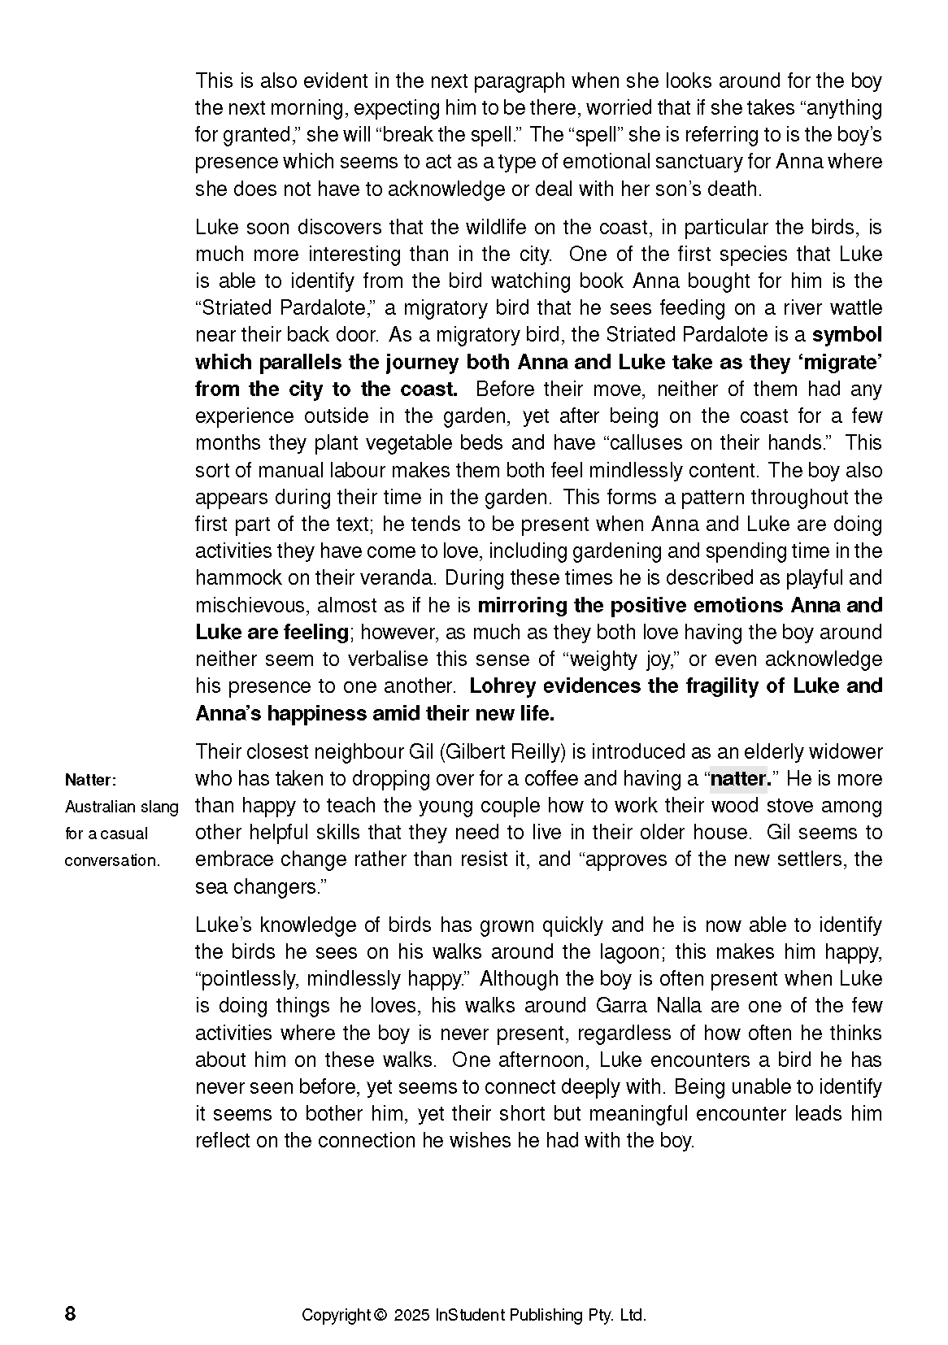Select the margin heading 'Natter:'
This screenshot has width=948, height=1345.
coord(91,780)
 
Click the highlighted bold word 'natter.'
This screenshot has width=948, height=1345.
coord(740,779)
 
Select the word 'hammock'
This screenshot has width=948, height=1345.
coord(231,578)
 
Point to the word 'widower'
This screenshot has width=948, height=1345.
coord(846,751)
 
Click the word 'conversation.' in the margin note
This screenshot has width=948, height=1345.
coord(113,860)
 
